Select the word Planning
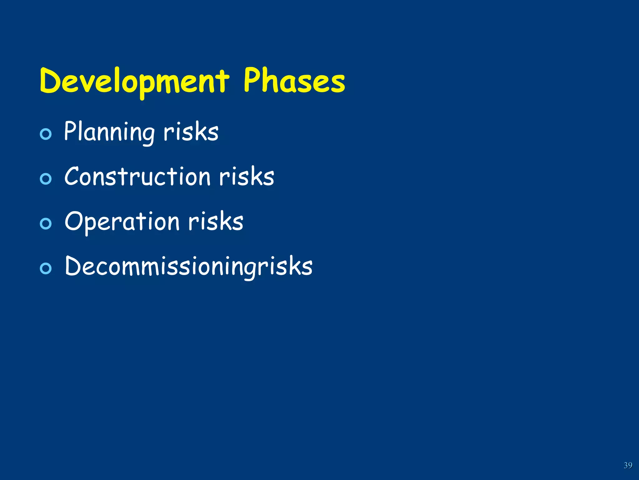tap(109, 132)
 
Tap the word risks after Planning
tap(191, 132)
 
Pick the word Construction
tap(137, 177)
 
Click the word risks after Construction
tap(246, 177)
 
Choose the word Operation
tap(122, 222)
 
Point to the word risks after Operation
tap(216, 222)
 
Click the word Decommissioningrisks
tap(188, 266)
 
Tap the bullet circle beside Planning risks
tap(46, 134)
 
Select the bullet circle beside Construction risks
tap(46, 179)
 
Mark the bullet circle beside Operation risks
tap(46, 224)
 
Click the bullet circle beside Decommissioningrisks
tap(46, 268)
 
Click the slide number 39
tap(628, 465)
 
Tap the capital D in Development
tap(51, 81)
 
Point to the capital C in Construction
tap(72, 176)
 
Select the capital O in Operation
tap(74, 221)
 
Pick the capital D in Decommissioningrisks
tap(74, 266)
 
